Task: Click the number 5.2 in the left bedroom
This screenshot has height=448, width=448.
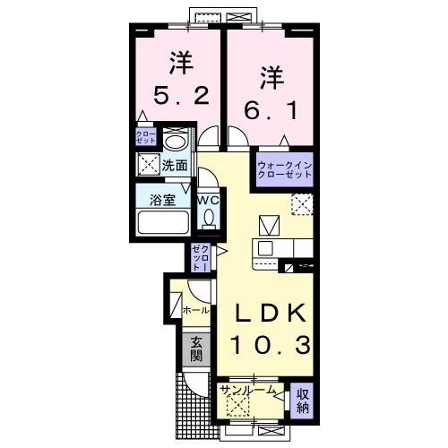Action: point(181,96)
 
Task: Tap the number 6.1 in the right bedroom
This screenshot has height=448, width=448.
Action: point(271,110)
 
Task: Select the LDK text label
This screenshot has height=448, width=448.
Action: point(271,313)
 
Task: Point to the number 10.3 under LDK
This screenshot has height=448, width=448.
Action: point(271,345)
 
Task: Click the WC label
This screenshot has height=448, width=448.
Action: point(209,201)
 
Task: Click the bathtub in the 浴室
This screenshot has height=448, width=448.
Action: point(163,222)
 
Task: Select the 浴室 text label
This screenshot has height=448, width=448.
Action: point(162,200)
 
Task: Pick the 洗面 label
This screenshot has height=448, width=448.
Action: point(175,166)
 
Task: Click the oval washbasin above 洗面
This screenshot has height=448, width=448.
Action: point(175,142)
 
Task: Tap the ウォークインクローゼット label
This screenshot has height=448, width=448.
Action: point(285,169)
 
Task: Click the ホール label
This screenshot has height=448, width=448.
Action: point(196,311)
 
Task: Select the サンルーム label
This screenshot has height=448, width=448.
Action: point(247,390)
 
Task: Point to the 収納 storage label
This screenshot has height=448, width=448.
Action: point(302,401)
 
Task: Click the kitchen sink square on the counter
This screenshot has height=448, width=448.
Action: point(265,248)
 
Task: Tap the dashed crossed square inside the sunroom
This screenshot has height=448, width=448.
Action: point(238,405)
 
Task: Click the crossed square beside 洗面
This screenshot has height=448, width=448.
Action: point(149,165)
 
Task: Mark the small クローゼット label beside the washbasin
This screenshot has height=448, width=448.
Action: point(146,136)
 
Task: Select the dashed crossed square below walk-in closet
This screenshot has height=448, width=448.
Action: point(302,204)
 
